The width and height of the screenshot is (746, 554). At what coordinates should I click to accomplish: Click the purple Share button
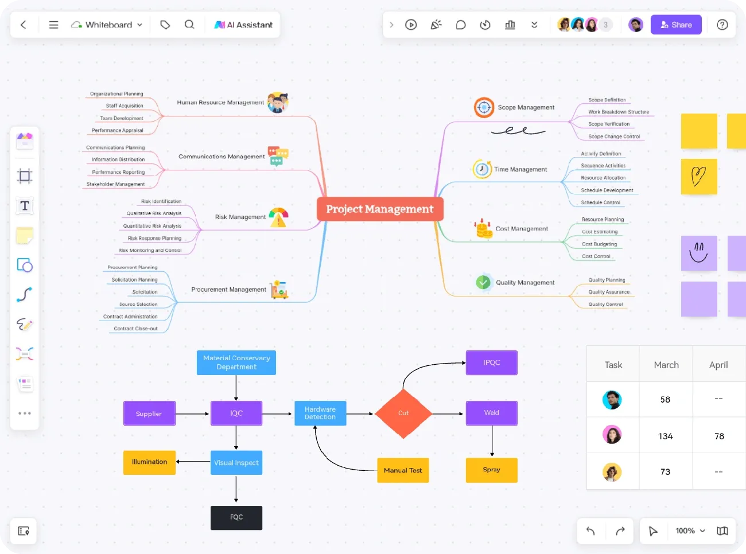[676, 25]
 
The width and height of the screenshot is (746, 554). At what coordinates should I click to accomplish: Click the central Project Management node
[380, 209]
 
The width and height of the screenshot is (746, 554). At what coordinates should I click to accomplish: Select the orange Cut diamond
[403, 413]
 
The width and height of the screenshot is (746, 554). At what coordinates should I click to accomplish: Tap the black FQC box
[236, 517]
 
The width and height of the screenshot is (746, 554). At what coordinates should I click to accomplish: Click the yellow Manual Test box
[403, 470]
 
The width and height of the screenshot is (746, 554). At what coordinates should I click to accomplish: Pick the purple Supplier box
[149, 413]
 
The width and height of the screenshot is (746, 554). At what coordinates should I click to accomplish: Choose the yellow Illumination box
[149, 462]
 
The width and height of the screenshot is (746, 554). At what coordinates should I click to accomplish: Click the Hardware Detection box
[320, 413]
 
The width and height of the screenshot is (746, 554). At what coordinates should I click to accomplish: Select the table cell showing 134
[666, 436]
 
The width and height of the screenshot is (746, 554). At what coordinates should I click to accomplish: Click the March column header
[666, 365]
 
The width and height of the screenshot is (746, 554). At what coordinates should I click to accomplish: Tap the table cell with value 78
[719, 436]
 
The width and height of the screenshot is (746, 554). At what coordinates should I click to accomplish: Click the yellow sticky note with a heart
[699, 177]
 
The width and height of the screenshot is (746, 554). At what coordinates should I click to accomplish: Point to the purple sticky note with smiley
[699, 253]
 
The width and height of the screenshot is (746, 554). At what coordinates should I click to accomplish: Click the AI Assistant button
[243, 25]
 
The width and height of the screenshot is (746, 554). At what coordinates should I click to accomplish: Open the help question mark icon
[722, 25]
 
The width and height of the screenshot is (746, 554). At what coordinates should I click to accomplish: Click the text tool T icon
[25, 206]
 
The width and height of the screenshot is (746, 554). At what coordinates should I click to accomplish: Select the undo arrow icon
[590, 531]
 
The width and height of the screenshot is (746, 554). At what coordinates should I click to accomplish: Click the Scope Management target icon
[484, 107]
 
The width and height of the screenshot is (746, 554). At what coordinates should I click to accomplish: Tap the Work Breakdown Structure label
[619, 112]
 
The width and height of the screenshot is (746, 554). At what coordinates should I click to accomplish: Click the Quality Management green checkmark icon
[483, 282]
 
